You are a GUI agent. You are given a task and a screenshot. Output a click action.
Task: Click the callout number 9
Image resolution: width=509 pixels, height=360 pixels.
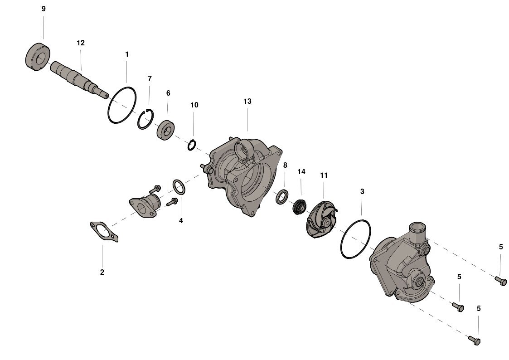[44, 9]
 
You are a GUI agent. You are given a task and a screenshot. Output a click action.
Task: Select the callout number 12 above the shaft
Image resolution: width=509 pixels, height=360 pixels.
[81, 43]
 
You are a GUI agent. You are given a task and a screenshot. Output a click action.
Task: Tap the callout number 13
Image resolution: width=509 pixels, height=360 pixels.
[247, 102]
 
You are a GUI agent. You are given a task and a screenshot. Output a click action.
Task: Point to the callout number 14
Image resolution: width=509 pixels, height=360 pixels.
[301, 172]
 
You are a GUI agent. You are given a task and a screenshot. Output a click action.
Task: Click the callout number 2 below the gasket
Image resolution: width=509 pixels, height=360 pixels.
[102, 272]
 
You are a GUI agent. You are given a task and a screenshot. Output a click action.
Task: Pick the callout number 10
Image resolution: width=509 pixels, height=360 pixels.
[194, 105]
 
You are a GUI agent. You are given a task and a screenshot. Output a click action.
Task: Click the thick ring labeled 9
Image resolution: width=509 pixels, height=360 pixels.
[37, 57]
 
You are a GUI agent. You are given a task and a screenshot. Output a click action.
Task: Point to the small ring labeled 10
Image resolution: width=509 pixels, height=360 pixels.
[192, 145]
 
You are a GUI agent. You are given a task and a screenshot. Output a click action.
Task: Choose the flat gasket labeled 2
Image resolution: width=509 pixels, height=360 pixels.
[104, 231]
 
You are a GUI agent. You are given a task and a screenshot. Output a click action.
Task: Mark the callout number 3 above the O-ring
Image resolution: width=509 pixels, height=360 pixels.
[362, 192]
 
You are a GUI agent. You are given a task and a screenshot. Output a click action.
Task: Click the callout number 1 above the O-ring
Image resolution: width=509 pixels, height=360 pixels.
[127, 54]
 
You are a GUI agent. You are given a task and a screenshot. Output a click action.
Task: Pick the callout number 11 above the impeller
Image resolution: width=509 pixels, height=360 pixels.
[324, 175]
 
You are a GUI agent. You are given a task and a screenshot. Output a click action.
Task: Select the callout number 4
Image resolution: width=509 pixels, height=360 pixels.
[181, 221]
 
